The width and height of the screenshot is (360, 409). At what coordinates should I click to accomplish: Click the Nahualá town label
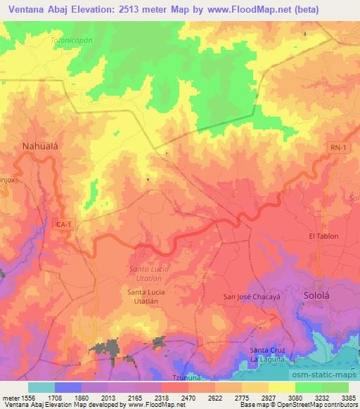click(x=34, y=147)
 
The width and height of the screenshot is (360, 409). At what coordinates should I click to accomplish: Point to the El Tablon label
click(x=323, y=236)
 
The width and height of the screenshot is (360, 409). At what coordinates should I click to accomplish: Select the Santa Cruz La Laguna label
click(x=268, y=354)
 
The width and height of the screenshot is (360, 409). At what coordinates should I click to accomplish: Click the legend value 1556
click(x=28, y=397)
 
